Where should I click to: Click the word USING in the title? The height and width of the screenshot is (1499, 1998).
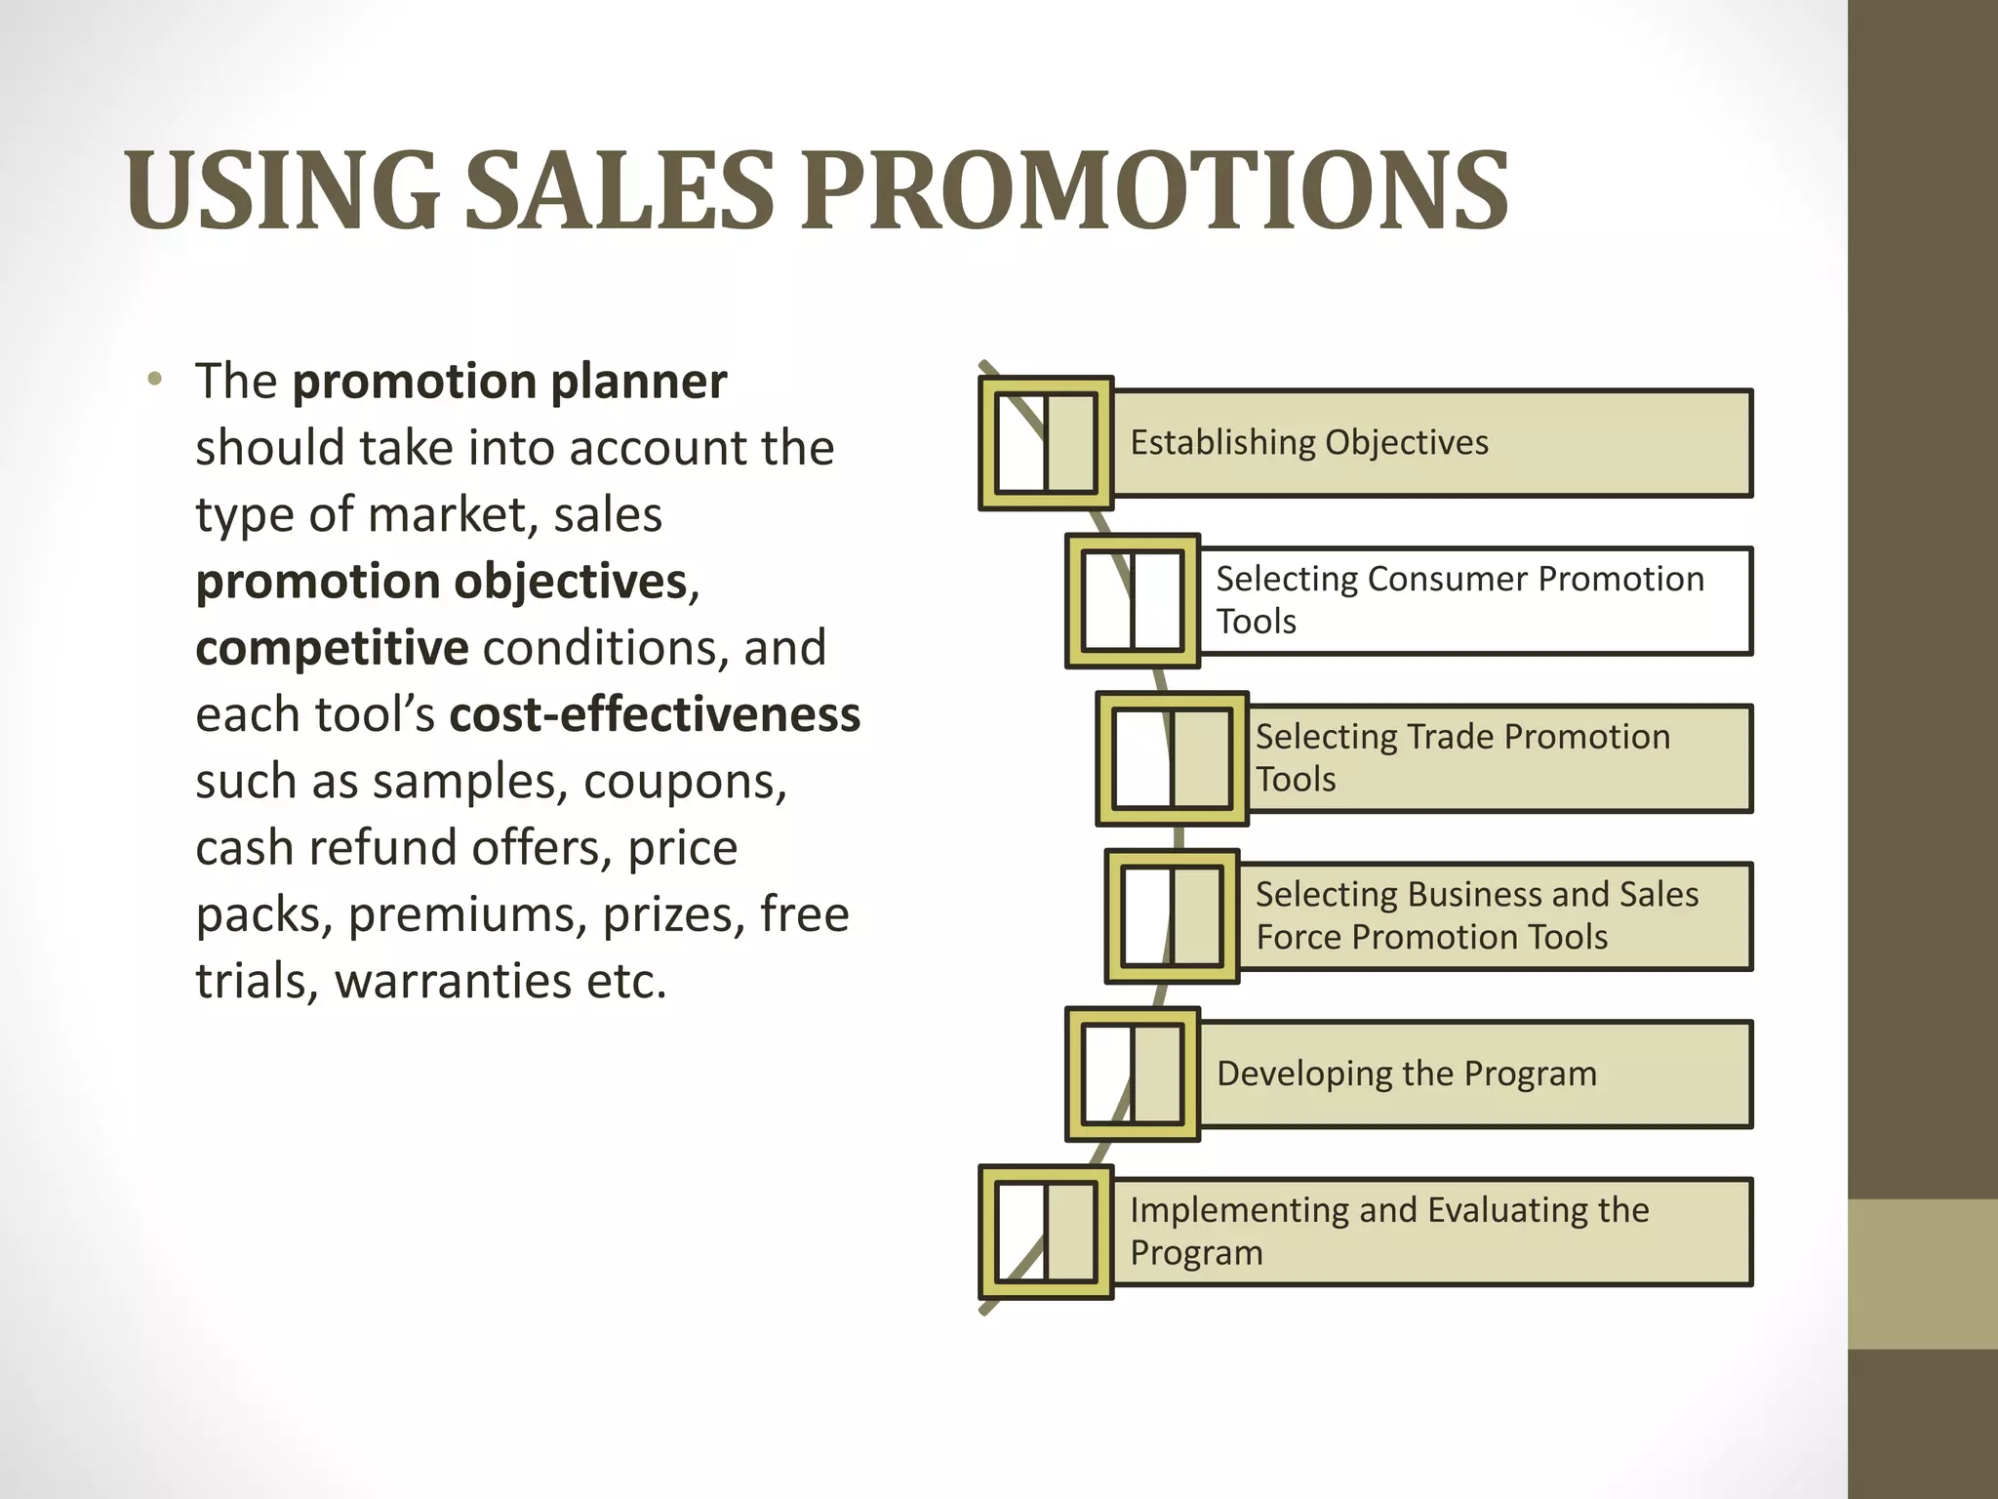pos(283,190)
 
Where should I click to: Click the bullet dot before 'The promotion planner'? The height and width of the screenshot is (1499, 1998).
pos(154,380)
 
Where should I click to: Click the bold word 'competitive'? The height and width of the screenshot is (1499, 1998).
pos(332,648)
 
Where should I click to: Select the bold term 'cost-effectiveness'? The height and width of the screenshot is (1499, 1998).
pos(655,714)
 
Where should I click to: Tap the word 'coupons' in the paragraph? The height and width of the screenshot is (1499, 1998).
pos(684,782)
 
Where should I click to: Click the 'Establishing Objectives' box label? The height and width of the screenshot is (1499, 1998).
pos(1309,443)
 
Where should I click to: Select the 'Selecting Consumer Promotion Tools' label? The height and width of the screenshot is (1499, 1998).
pos(1459,600)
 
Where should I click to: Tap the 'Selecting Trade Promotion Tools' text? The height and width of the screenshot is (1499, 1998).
pos(1462,758)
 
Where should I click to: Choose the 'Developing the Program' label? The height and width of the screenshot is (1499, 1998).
pos(1407,1074)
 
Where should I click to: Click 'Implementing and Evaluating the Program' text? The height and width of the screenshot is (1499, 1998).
pos(1389,1231)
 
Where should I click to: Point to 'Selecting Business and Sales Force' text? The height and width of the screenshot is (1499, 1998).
pos(1477,915)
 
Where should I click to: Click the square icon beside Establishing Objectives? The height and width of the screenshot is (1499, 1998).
pos(1046,443)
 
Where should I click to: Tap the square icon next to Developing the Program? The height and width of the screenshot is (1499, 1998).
pos(1132,1074)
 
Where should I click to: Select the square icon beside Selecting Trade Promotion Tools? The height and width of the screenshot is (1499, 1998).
pos(1172,758)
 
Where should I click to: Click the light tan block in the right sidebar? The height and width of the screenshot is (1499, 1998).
pos(1922,1274)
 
